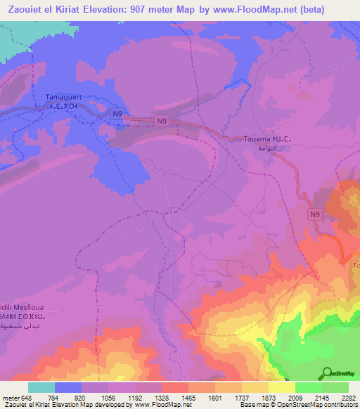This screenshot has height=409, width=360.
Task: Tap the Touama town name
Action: click(x=257, y=139)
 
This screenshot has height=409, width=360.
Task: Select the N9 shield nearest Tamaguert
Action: click(x=117, y=112)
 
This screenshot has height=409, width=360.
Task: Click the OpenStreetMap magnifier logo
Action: click(x=328, y=372)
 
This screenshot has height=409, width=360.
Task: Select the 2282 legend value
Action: click(x=348, y=397)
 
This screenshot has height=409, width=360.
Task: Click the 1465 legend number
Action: click(x=188, y=397)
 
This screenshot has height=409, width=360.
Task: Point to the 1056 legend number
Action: click(x=108, y=397)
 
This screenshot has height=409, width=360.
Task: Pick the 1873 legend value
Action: click(x=268, y=397)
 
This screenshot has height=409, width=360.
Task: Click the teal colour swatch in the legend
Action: click(x=41, y=387)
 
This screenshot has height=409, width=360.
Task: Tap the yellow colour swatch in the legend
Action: click(x=282, y=387)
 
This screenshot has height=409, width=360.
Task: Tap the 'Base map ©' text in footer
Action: click(x=257, y=405)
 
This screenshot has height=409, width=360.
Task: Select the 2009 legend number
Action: click(x=295, y=397)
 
